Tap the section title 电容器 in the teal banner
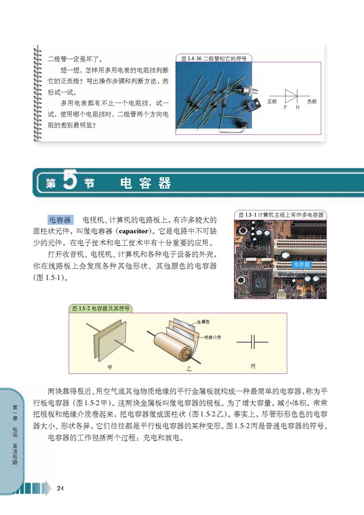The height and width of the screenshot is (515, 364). pos(146,183)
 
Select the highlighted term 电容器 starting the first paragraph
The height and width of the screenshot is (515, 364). pos(60,219)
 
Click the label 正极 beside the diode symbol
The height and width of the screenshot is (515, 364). pos(272,102)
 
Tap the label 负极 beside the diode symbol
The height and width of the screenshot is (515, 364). pos(311,102)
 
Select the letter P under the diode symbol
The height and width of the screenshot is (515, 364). pos(285,106)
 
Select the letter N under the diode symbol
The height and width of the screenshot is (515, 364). pos(297,106)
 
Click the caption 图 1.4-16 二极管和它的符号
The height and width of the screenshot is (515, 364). pos(213,58)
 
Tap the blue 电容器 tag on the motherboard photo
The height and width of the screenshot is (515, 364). pos(301,263)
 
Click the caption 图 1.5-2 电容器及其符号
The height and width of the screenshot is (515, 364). pos(101,308)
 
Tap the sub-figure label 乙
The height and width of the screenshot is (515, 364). pos(189,370)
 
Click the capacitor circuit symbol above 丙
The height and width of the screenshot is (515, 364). pos(253,341)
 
